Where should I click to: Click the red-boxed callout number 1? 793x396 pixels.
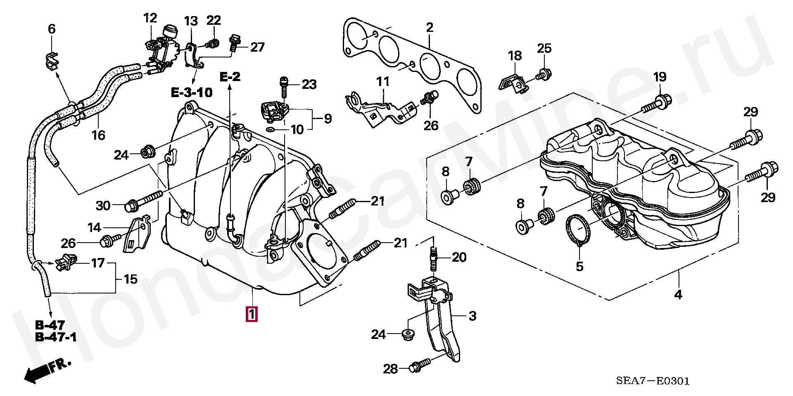coord(252,314)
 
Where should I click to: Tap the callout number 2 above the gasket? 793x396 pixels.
coord(430,28)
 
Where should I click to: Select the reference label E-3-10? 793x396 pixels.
coord(192,92)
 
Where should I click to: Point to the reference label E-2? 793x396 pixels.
coord(230,76)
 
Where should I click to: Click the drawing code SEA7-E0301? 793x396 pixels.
coord(653,381)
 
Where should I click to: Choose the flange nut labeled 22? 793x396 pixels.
coord(213,43)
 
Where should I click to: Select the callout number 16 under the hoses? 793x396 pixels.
coord(98,135)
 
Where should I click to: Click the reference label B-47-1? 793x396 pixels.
coord(56,337)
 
